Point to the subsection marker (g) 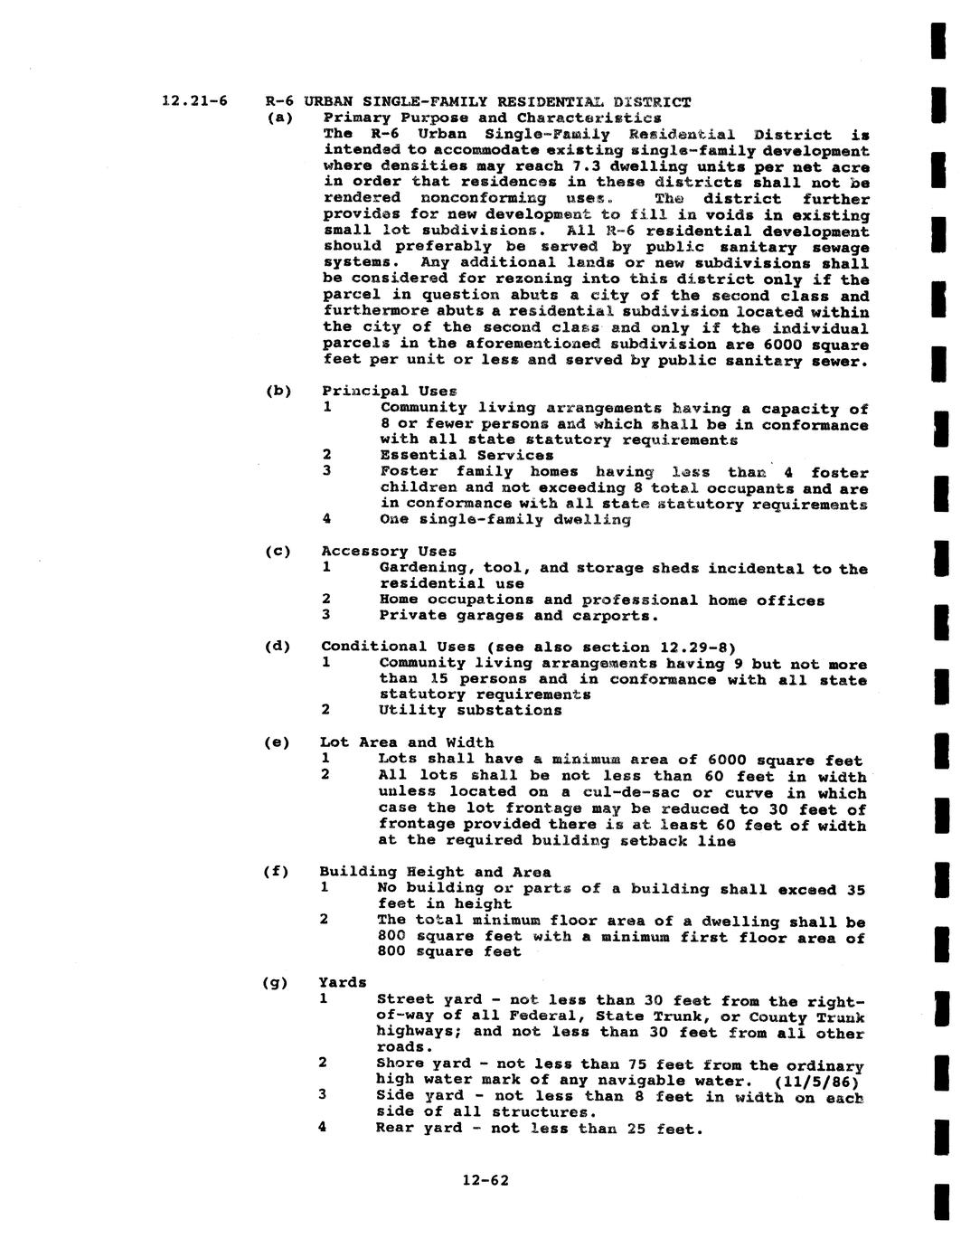[276, 983]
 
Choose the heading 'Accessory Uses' [389, 551]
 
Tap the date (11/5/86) [816, 1080]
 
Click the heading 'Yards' [343, 982]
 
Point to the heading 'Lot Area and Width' [407, 742]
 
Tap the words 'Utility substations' [470, 710]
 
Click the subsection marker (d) [278, 647]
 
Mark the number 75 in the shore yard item [635, 1064]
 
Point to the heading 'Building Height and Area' [434, 872]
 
